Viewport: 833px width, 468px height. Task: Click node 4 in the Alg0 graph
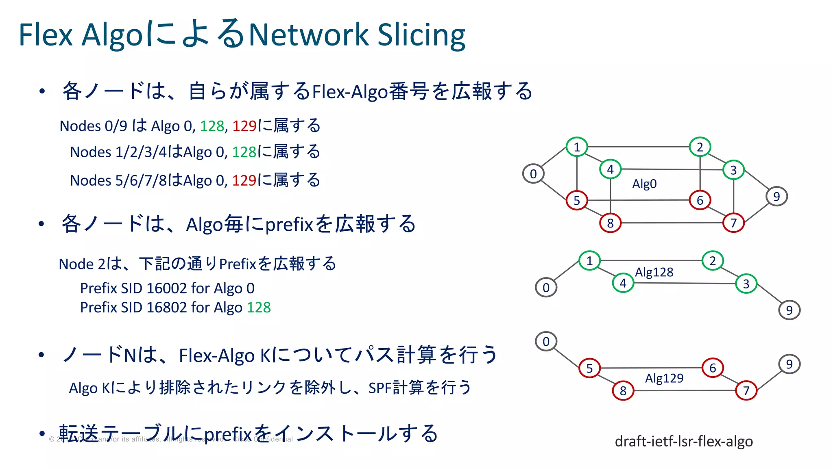coord(610,169)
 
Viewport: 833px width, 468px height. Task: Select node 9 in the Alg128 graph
coord(789,310)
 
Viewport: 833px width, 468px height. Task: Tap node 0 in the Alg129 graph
coord(546,341)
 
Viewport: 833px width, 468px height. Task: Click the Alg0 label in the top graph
coord(644,184)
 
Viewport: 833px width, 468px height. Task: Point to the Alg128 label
coord(654,272)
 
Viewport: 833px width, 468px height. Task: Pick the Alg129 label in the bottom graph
coord(664,378)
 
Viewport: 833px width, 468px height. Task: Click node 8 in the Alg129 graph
coord(623,391)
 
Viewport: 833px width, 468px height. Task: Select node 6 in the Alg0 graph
coord(700,200)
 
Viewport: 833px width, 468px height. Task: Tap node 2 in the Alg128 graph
coord(713,261)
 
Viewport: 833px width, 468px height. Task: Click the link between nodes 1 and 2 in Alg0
coord(639,147)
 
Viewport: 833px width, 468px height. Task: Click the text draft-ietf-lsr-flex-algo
coord(684,441)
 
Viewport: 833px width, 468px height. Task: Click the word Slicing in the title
coord(421,35)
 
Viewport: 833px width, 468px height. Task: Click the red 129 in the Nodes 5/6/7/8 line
coord(244,180)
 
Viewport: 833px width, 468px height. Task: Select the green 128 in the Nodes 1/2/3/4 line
coord(244,152)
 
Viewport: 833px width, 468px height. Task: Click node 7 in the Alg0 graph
coord(733,223)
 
